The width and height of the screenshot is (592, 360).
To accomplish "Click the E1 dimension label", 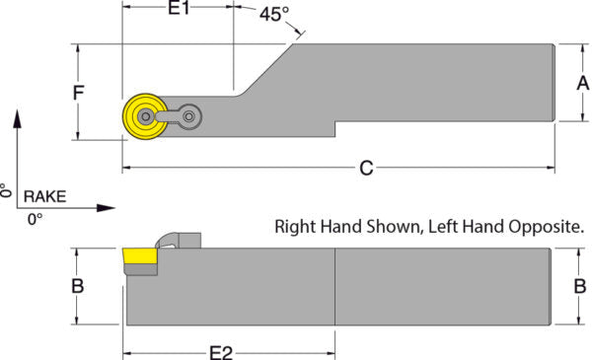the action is click(179, 8).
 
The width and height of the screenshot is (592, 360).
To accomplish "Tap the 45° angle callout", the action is click(274, 15).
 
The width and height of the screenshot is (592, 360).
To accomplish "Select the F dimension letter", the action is click(79, 93).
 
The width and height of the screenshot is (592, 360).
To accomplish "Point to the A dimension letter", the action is click(582, 83).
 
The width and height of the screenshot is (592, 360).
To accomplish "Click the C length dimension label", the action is click(366, 168).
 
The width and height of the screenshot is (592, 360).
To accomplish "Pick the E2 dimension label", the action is click(221, 353).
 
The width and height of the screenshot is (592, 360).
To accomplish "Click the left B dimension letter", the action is click(78, 286).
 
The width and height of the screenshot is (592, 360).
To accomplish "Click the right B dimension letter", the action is click(580, 286).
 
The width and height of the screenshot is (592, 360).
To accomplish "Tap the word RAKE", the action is click(45, 196).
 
